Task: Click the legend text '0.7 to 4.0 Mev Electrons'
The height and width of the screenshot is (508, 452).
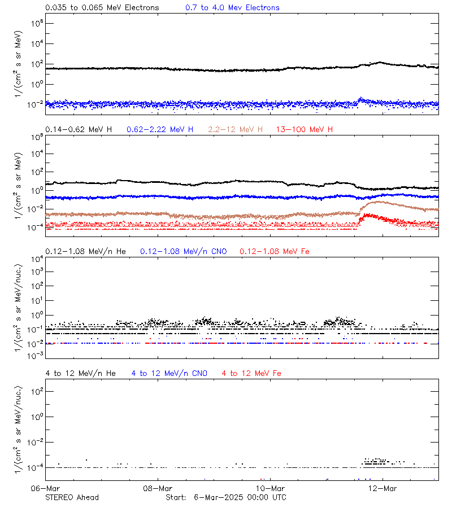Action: coord(232,8)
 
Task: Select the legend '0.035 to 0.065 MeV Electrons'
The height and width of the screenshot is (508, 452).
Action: coord(102,8)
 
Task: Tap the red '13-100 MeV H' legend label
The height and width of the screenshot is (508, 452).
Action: coord(305,130)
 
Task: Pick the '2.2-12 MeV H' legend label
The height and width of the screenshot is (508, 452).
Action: coord(236,130)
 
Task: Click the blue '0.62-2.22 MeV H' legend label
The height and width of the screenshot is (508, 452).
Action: coord(160,130)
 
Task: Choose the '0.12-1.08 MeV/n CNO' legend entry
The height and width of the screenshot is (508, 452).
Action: coord(183,251)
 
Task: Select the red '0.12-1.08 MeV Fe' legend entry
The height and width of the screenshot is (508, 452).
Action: coord(275,251)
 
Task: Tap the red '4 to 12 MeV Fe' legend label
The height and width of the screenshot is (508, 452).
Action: coord(251,374)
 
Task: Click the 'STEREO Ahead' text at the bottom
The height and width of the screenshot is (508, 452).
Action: coord(72,497)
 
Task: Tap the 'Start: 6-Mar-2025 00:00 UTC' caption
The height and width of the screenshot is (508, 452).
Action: coord(226,497)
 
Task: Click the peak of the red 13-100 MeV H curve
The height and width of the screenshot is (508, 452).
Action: coord(368,215)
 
